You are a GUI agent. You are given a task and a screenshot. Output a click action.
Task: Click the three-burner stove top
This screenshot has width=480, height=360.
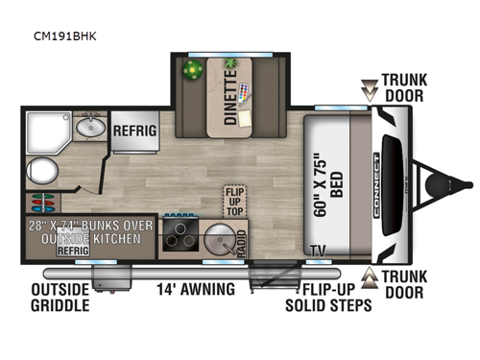tap(180, 236)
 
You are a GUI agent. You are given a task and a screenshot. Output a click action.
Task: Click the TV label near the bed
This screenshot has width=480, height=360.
tap(316, 252)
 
